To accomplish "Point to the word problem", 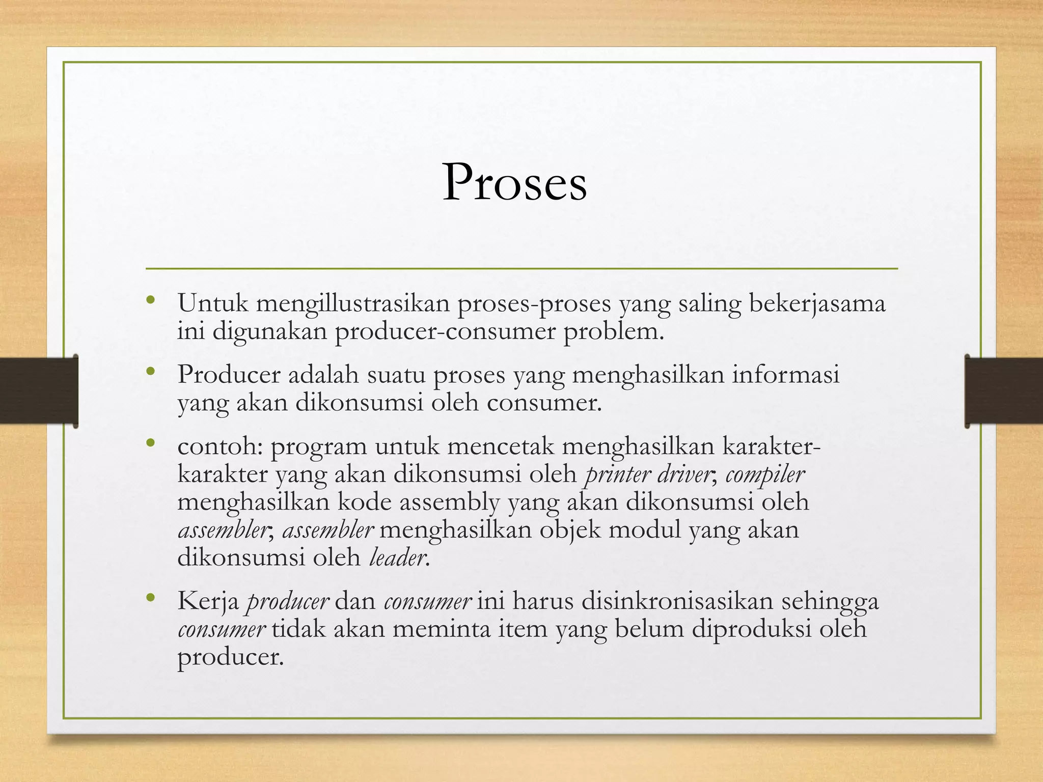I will coord(613,332).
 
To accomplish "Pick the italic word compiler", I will coord(765,474).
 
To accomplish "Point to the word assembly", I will coord(449,502).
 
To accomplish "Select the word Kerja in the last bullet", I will coord(208,602).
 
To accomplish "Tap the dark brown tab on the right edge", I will coord(1003,391).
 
